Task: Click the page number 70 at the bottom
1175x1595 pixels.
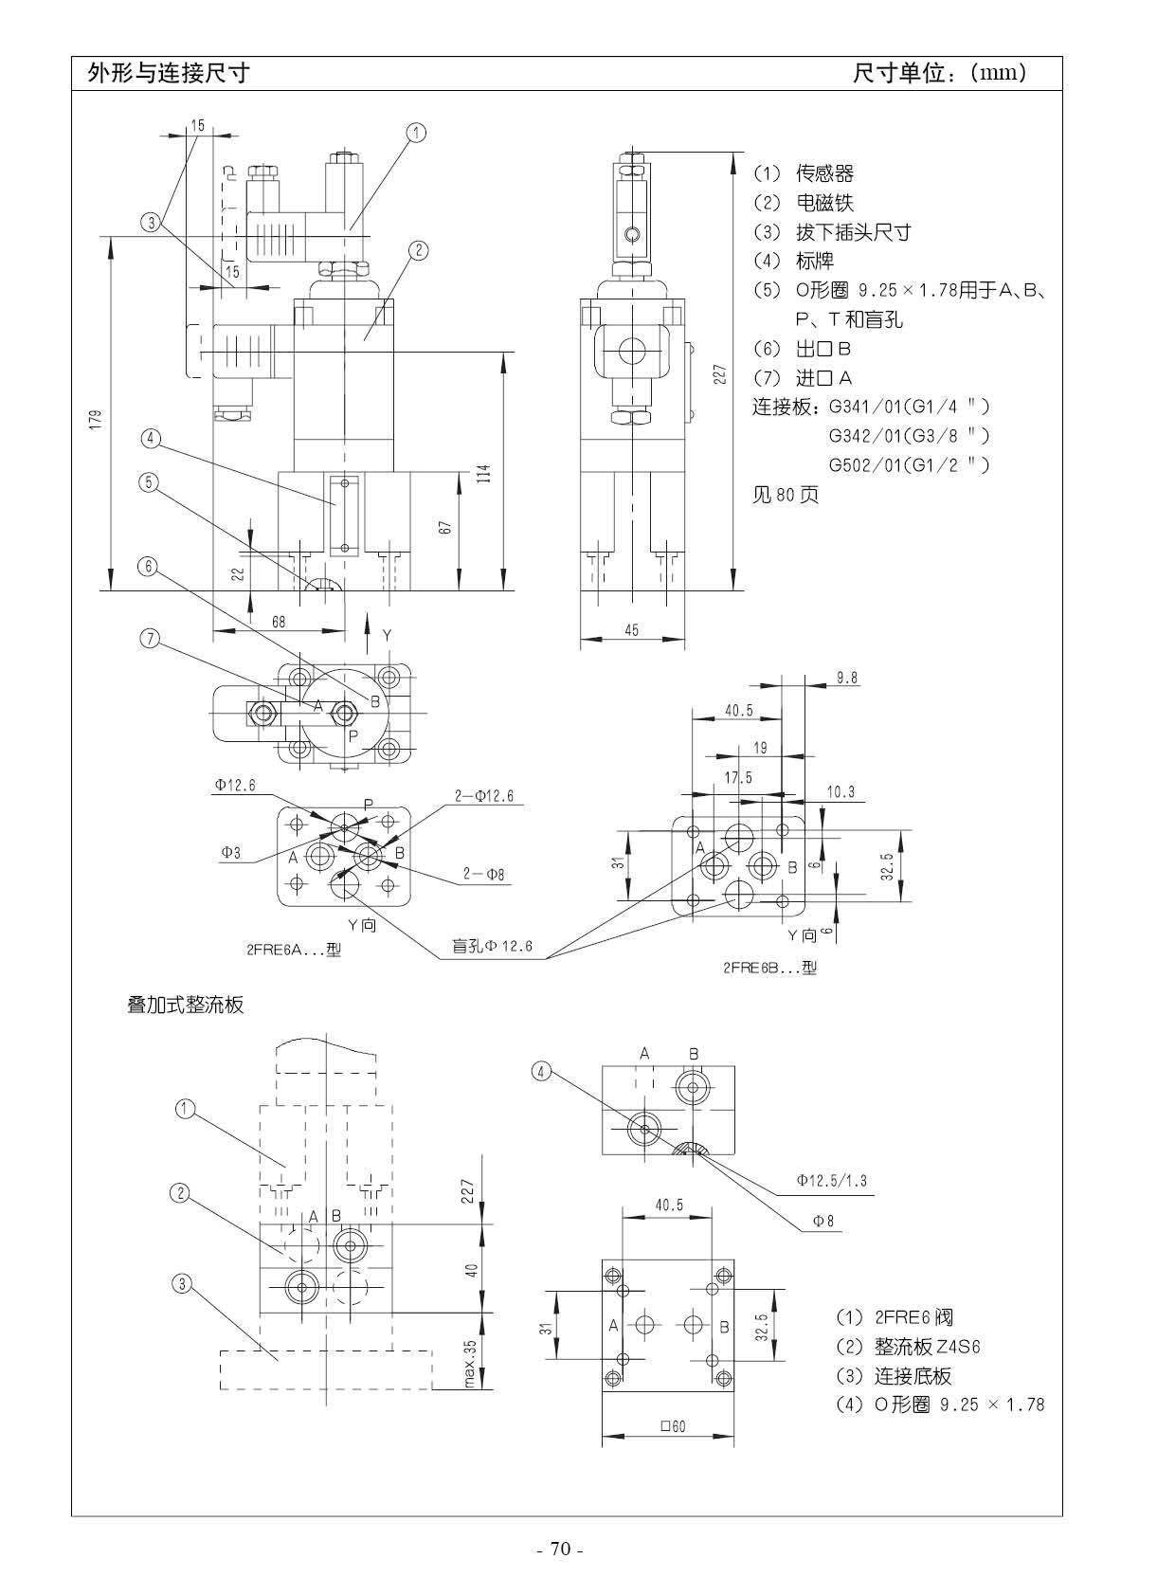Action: click(560, 1550)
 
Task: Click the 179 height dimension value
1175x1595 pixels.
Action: click(96, 421)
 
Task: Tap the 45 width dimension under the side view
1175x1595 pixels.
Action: click(632, 630)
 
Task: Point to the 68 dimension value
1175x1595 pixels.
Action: click(279, 623)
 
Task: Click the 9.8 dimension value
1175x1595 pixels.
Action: click(846, 678)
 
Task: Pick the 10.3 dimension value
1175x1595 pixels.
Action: click(841, 791)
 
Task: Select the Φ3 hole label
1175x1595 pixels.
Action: click(231, 853)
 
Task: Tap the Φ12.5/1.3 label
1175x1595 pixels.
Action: click(831, 1181)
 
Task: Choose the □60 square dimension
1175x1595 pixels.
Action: click(672, 1426)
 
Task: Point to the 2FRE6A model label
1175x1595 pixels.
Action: click(293, 950)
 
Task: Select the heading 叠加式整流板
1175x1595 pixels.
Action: click(186, 1005)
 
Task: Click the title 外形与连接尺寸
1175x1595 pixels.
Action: click(168, 73)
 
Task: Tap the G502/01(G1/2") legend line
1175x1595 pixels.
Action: click(908, 465)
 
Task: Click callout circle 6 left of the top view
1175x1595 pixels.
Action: click(149, 566)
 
